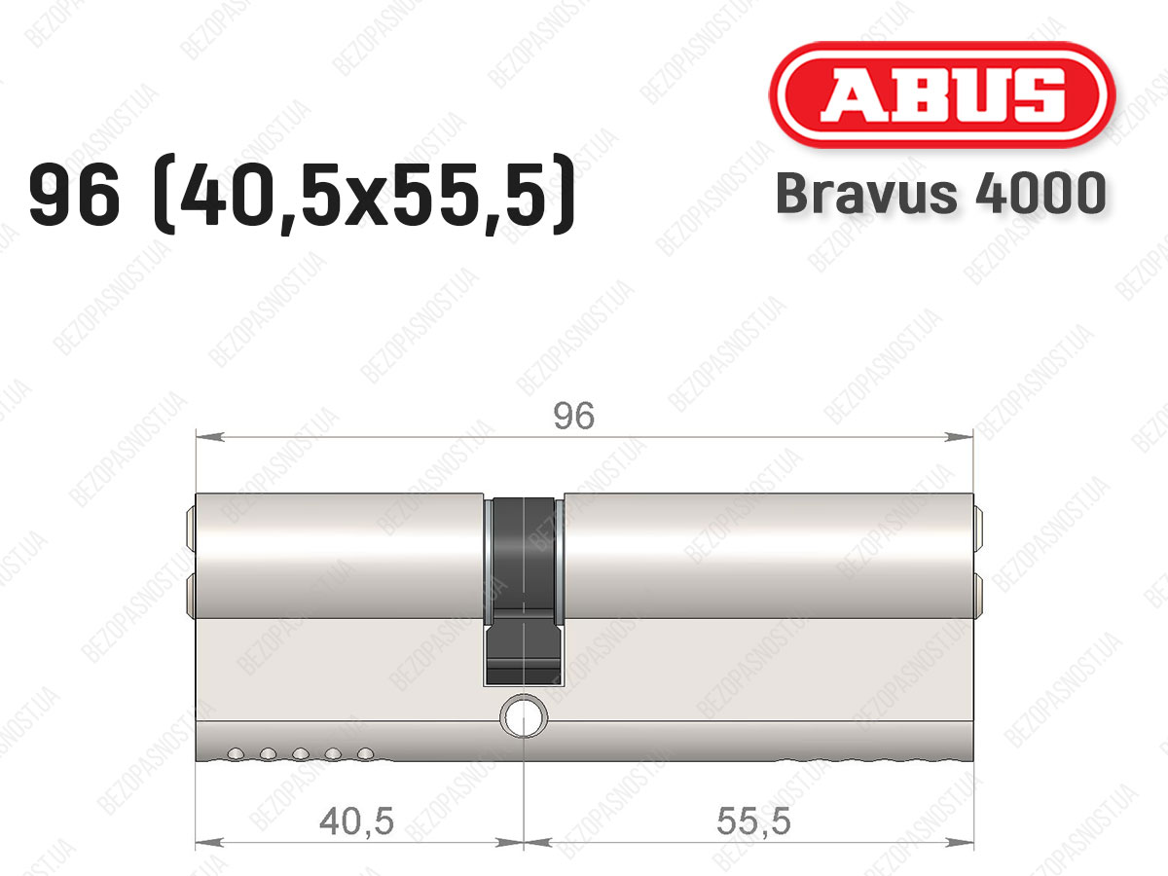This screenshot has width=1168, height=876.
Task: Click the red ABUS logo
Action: [x=942, y=94]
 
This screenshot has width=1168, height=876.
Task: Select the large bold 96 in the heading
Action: [x=75, y=196]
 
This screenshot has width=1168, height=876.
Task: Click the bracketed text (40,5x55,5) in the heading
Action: [x=364, y=196]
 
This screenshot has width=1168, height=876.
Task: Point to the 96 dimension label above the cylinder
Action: [x=573, y=416]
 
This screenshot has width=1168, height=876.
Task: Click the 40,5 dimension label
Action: [x=356, y=821]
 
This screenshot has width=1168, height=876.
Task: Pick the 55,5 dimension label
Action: [x=753, y=821]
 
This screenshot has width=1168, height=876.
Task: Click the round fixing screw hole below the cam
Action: [x=524, y=716]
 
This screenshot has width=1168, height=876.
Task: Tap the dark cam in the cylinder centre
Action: [x=524, y=591]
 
